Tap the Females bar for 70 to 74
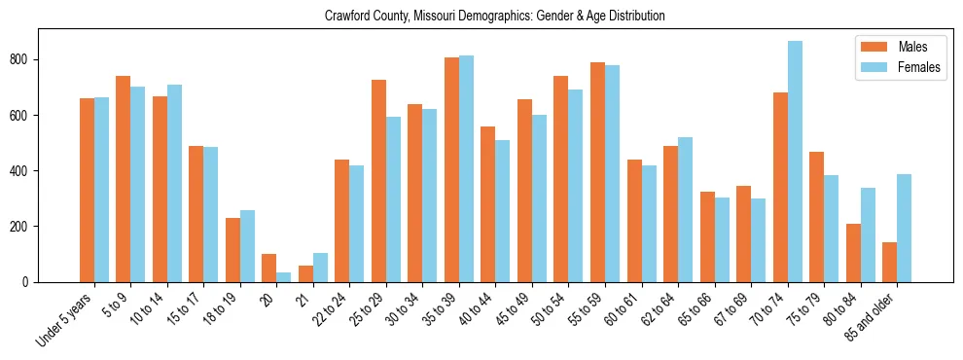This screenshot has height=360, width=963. tap(795, 162)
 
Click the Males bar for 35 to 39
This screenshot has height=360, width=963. tap(451, 169)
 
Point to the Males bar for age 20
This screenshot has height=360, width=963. tap(269, 268)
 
